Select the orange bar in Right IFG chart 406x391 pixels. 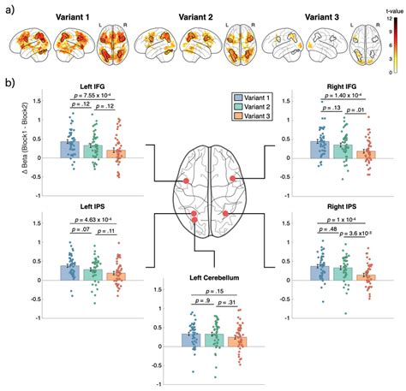click(x=366, y=153)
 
